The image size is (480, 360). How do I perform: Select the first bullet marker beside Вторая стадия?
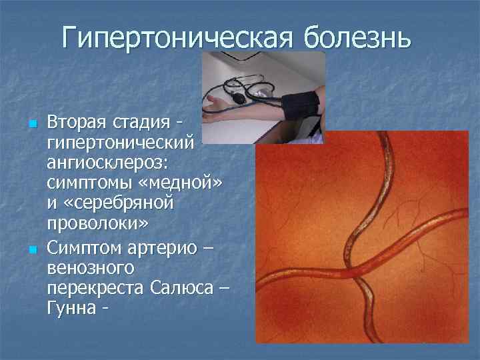31,124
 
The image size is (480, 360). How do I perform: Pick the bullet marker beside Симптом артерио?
31,251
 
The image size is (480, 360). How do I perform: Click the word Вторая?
75,124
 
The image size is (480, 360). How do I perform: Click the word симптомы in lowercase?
84,183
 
